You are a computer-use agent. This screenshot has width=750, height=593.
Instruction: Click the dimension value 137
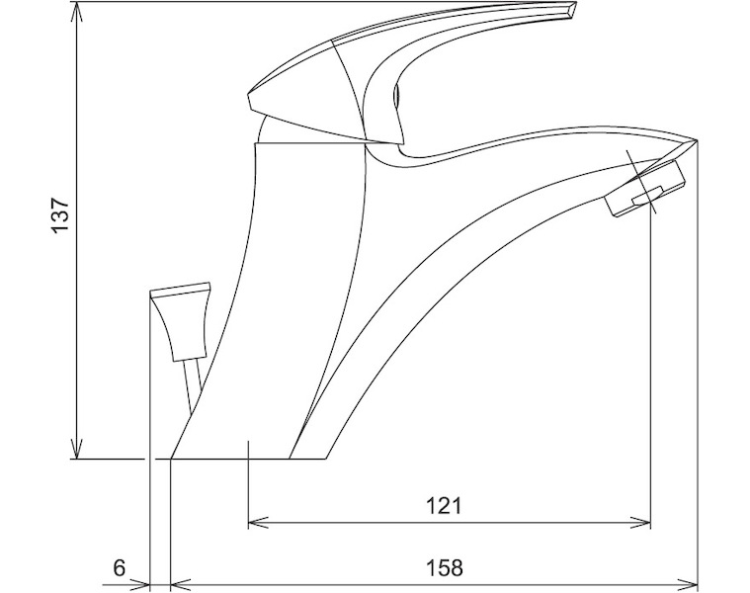pos(61,214)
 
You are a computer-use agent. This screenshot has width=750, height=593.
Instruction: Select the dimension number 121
pos(445,505)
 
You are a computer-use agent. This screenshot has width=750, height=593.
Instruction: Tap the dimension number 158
pos(445,567)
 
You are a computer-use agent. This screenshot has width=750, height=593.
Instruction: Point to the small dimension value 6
pos(120,567)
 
